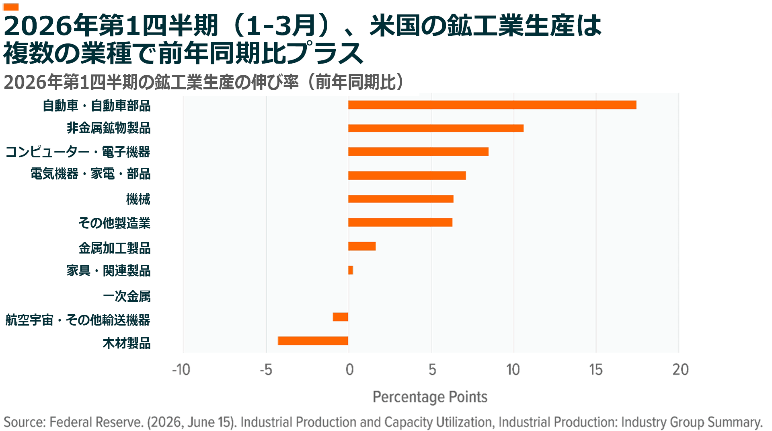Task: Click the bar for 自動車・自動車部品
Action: click(492, 105)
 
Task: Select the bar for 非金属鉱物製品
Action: click(436, 128)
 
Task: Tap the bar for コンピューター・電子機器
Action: click(418, 152)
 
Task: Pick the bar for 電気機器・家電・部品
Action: click(407, 175)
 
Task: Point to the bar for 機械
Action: click(401, 199)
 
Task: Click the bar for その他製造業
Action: click(400, 222)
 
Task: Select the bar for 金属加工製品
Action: click(362, 246)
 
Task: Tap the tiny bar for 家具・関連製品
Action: click(351, 270)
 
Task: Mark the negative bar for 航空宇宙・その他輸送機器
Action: click(341, 317)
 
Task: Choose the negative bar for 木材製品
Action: click(313, 341)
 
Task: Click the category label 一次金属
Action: click(127, 297)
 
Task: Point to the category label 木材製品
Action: click(127, 343)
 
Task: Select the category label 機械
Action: click(138, 199)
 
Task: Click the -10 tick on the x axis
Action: click(181, 369)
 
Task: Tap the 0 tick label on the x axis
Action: click(349, 369)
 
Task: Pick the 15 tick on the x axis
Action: click(596, 369)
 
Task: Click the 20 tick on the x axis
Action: click(681, 369)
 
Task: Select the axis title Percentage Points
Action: click(430, 397)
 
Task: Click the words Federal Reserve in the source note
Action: click(96, 422)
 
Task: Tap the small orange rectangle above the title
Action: click(11, 7)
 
